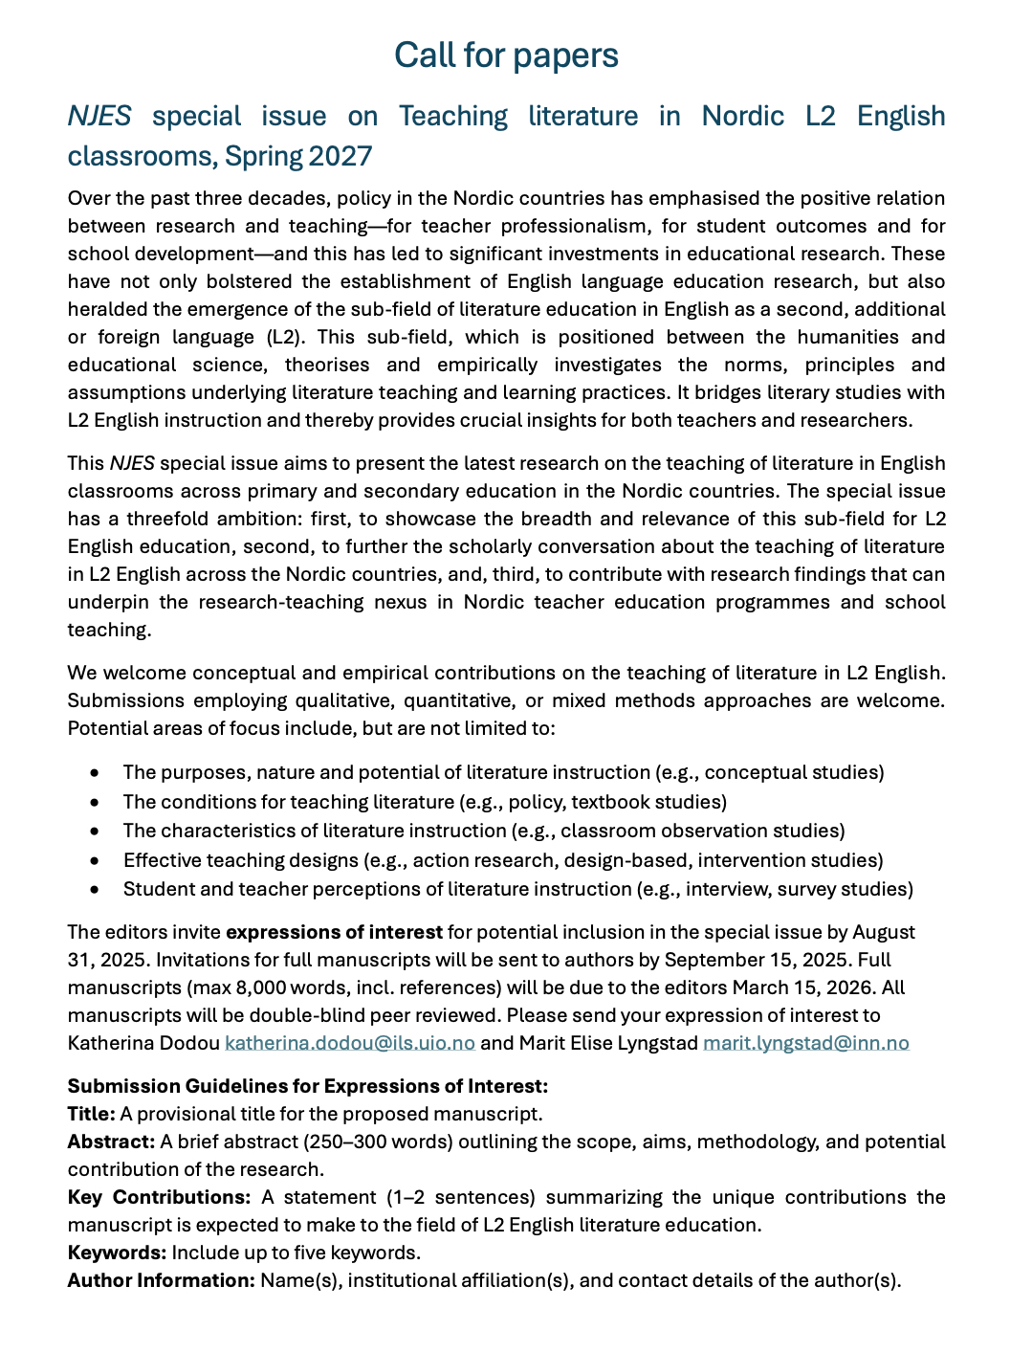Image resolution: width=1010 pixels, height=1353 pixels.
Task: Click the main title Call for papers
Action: pyautogui.click(x=506, y=55)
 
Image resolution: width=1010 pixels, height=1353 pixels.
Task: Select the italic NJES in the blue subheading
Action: pyautogui.click(x=99, y=116)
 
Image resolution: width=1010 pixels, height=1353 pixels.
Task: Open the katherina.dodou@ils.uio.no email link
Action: pyautogui.click(x=350, y=1043)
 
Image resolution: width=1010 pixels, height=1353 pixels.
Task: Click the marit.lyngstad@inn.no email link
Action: pyautogui.click(x=805, y=1043)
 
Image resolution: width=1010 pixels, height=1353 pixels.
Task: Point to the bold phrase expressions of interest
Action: pyautogui.click(x=334, y=932)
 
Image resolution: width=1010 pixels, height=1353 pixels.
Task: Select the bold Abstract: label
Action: pyautogui.click(x=111, y=1142)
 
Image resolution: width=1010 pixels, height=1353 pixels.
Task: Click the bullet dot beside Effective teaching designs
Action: pyautogui.click(x=94, y=860)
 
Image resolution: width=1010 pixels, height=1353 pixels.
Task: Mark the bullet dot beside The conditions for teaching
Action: pyautogui.click(x=94, y=802)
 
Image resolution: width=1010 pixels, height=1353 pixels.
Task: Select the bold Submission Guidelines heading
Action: pyautogui.click(x=307, y=1086)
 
